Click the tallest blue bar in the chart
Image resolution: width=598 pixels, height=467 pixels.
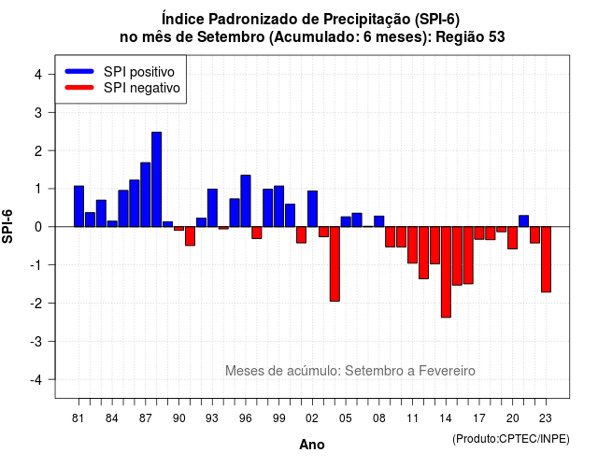(x=156, y=179)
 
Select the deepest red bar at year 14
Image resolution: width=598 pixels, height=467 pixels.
(x=446, y=272)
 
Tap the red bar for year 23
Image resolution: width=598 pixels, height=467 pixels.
(x=546, y=260)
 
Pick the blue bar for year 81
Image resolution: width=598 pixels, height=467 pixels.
(x=78, y=206)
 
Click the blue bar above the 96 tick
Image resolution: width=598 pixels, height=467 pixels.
(x=246, y=201)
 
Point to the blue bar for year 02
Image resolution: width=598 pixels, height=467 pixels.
(x=312, y=209)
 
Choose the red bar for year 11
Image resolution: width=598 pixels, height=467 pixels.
(x=413, y=245)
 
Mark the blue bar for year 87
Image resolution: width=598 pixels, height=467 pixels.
(x=146, y=194)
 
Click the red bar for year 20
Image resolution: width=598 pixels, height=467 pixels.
(x=513, y=238)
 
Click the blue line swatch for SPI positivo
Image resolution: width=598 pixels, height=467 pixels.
(x=79, y=71)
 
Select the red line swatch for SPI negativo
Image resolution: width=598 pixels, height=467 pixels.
(x=79, y=88)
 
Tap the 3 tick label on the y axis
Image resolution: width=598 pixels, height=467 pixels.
(x=38, y=112)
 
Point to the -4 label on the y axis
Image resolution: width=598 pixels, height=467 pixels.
(x=37, y=379)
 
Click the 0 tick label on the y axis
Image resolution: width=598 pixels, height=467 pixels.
(x=38, y=227)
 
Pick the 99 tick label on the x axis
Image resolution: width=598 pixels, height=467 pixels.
(x=278, y=418)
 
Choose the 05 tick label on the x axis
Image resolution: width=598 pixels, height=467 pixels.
(x=346, y=418)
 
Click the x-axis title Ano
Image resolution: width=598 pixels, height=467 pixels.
(x=312, y=445)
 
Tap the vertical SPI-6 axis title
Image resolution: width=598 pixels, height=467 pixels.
(x=7, y=226)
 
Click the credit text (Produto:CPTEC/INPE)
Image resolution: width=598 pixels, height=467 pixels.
(x=511, y=439)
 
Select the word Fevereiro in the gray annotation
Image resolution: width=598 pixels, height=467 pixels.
(x=447, y=371)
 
